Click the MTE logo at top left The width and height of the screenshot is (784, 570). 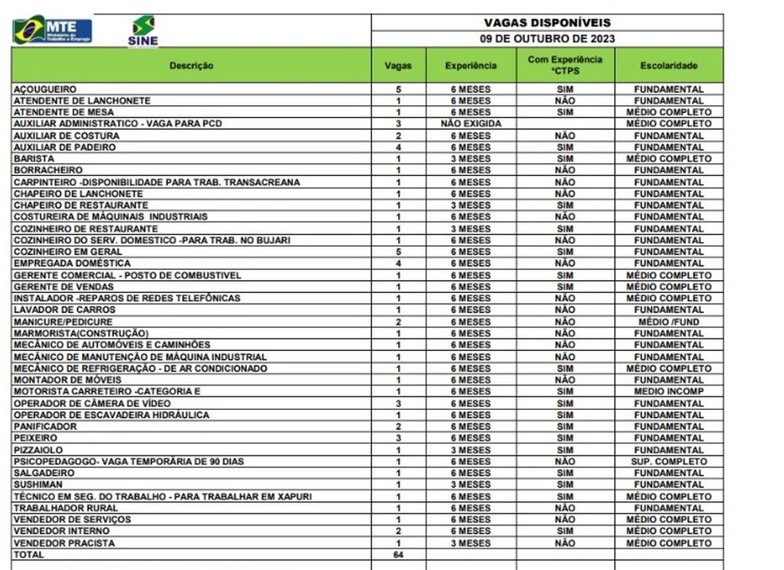pyautogui.click(x=52, y=29)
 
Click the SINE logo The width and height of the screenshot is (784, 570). pyautogui.click(x=143, y=31)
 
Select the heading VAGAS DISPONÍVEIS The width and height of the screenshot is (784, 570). pyautogui.click(x=547, y=23)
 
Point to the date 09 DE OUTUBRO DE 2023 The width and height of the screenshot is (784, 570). pyautogui.click(x=547, y=38)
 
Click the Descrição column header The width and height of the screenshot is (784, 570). pyautogui.click(x=191, y=65)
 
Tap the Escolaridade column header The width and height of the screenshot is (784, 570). pyautogui.click(x=668, y=65)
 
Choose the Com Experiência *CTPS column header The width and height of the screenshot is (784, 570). pyautogui.click(x=565, y=65)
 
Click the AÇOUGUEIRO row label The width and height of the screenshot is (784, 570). pyautogui.click(x=45, y=89)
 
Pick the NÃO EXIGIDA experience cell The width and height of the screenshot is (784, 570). pyautogui.click(x=470, y=124)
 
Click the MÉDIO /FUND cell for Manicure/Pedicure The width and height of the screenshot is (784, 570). pyautogui.click(x=668, y=322)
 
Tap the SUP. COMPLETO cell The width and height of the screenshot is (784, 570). pyautogui.click(x=668, y=461)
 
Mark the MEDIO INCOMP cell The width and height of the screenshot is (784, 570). pyautogui.click(x=668, y=392)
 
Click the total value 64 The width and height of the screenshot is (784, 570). pyautogui.click(x=398, y=554)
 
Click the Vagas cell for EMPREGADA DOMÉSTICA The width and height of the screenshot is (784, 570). pyautogui.click(x=398, y=264)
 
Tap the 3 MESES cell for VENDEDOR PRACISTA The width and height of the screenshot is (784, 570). pyautogui.click(x=470, y=543)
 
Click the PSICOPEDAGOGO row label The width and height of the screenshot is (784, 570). pyautogui.click(x=128, y=461)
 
